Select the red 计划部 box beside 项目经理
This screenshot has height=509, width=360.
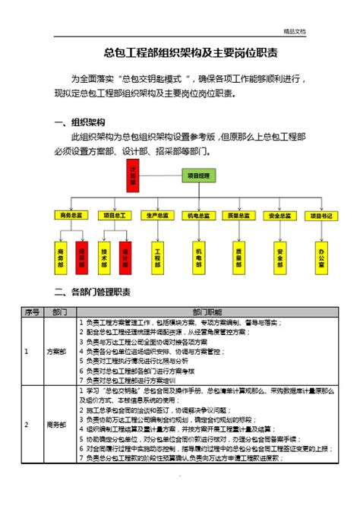[x=133, y=175]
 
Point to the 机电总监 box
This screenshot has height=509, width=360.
[x=197, y=216]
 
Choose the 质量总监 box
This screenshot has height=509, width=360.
[x=238, y=216]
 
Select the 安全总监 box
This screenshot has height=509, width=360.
[x=280, y=216]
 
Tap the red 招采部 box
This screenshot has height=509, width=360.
[x=83, y=258]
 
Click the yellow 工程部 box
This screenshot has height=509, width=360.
[x=158, y=258]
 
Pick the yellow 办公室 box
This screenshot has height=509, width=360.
[x=322, y=258]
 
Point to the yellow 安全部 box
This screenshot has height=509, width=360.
[x=280, y=258]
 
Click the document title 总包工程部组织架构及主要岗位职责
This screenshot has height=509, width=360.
[x=179, y=53]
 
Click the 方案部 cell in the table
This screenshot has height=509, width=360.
[x=56, y=352]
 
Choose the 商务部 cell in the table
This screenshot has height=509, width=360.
[x=56, y=425]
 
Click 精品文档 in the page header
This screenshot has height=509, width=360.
[x=294, y=31]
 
